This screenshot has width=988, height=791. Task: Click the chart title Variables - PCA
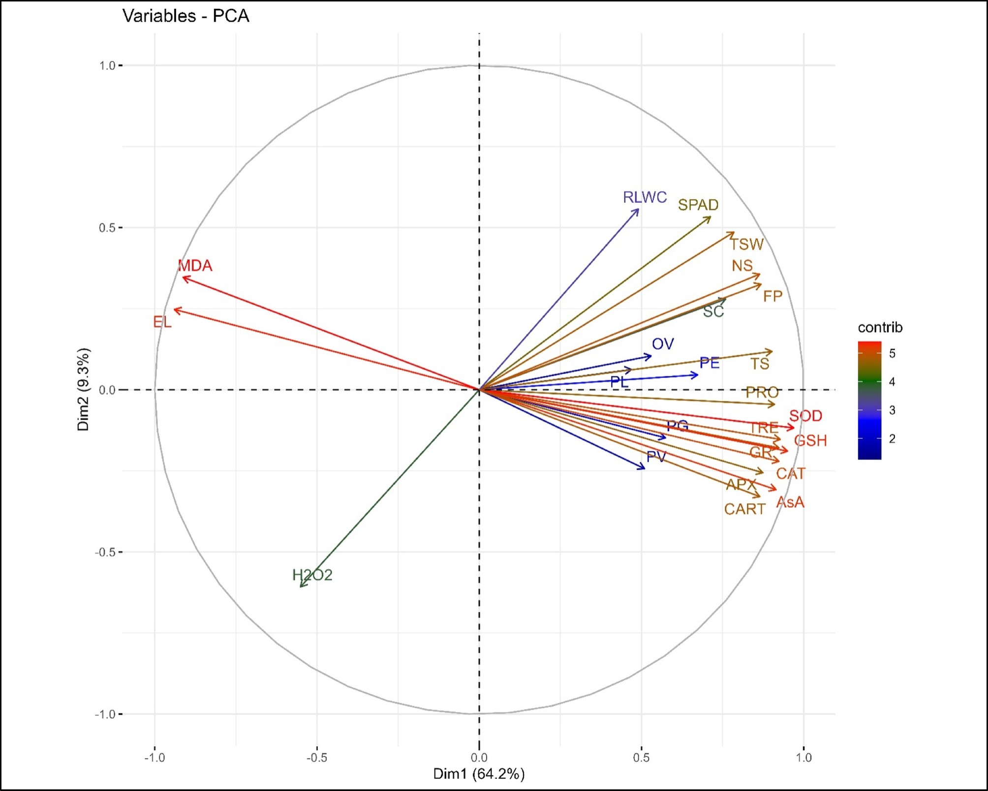185,16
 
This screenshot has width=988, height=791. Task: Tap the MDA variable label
195,266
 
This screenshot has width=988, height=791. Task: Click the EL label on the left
162,322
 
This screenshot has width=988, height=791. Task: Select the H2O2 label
312,575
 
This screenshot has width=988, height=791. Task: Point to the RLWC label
645,197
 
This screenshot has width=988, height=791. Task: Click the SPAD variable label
698,205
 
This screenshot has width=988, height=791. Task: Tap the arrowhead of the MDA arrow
184,278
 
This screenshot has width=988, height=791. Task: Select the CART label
744,509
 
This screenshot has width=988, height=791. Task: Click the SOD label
805,416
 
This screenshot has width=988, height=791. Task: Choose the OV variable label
663,344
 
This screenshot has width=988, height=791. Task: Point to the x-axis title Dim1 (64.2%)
479,774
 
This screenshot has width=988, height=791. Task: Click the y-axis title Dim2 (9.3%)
84,389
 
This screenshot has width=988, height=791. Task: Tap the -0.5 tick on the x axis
316,758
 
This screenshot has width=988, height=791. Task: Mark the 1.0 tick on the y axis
107,65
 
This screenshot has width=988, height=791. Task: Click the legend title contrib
880,328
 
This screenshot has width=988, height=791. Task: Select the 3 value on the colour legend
892,410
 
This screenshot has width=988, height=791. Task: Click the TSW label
747,244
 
